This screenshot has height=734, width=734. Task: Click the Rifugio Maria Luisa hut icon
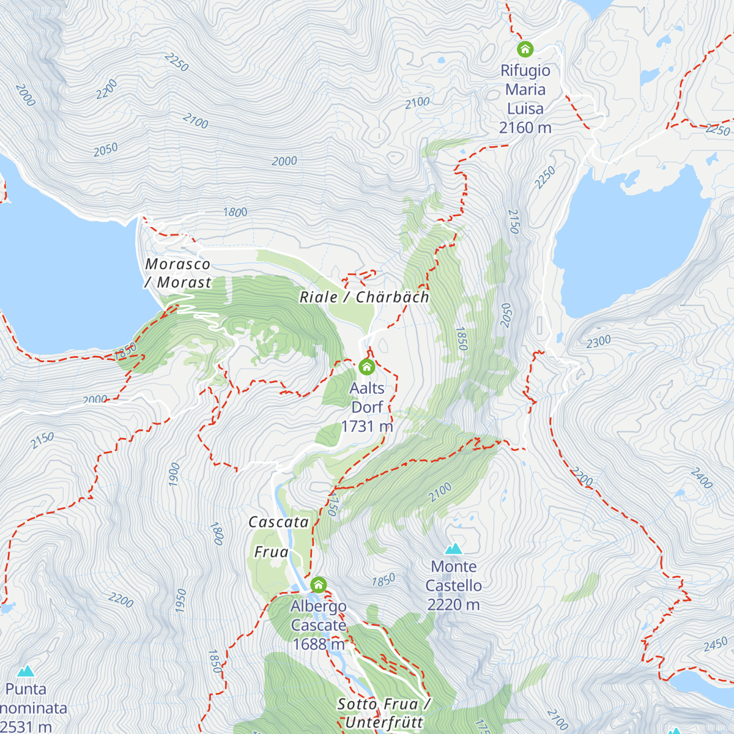[x=525, y=49]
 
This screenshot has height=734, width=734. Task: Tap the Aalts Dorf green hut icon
[x=366, y=367]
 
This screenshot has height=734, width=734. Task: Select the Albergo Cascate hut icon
[x=318, y=585]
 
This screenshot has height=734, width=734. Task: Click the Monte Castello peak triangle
[x=453, y=549]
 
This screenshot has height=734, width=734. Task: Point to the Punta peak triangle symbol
[x=26, y=672]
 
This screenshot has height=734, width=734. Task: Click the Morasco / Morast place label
[x=178, y=273]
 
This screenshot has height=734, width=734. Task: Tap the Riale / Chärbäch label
[x=365, y=297]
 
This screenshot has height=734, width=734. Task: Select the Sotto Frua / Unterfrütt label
[x=384, y=713]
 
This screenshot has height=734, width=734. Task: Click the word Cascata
[x=278, y=522]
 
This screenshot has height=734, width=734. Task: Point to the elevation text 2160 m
[x=525, y=128]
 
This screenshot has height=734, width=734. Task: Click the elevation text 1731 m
[x=366, y=426]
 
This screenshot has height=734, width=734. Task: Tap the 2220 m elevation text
[x=453, y=605]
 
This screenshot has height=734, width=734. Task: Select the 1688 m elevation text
[x=318, y=644]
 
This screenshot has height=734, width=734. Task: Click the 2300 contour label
[x=598, y=341]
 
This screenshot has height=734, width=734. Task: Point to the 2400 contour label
[x=701, y=478]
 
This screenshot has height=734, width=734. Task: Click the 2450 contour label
[x=715, y=645]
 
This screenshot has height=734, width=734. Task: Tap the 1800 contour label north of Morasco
[x=235, y=212]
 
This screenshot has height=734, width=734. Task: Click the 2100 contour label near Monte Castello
[x=440, y=492]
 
